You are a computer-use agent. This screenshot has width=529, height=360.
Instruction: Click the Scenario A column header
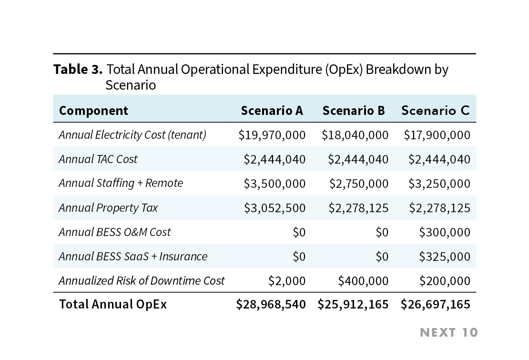(272, 111)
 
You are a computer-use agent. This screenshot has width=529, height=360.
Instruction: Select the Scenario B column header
(353, 111)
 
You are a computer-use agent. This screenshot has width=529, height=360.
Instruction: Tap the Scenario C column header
(435, 111)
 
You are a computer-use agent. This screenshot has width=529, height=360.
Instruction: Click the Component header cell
(93, 111)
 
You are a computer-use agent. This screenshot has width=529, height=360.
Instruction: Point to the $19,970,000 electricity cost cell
(272, 135)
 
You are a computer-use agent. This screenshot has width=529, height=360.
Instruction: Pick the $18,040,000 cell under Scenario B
(355, 135)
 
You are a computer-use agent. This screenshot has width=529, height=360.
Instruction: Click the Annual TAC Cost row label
(98, 159)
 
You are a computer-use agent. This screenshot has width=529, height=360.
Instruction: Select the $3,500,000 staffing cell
(275, 184)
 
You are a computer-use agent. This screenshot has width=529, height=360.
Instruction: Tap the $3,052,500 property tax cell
(275, 208)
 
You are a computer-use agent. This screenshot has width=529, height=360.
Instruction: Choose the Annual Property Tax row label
(108, 208)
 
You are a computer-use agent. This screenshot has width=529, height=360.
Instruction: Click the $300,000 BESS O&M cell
(444, 232)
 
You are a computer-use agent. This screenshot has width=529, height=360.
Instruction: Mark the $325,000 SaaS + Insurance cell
(444, 257)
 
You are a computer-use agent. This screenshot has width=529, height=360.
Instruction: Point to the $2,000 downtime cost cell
(287, 281)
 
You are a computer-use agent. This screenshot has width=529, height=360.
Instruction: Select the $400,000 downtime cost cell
(363, 281)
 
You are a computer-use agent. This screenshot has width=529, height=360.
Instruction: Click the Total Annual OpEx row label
(112, 304)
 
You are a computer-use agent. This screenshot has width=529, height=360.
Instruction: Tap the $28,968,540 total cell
(271, 304)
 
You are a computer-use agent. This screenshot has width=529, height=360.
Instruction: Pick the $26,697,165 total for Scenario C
(435, 304)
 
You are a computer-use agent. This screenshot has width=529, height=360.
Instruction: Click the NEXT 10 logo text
(448, 332)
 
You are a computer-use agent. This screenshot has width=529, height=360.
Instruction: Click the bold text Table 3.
(78, 70)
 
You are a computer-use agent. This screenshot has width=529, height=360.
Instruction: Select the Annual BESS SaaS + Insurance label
(132, 257)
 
